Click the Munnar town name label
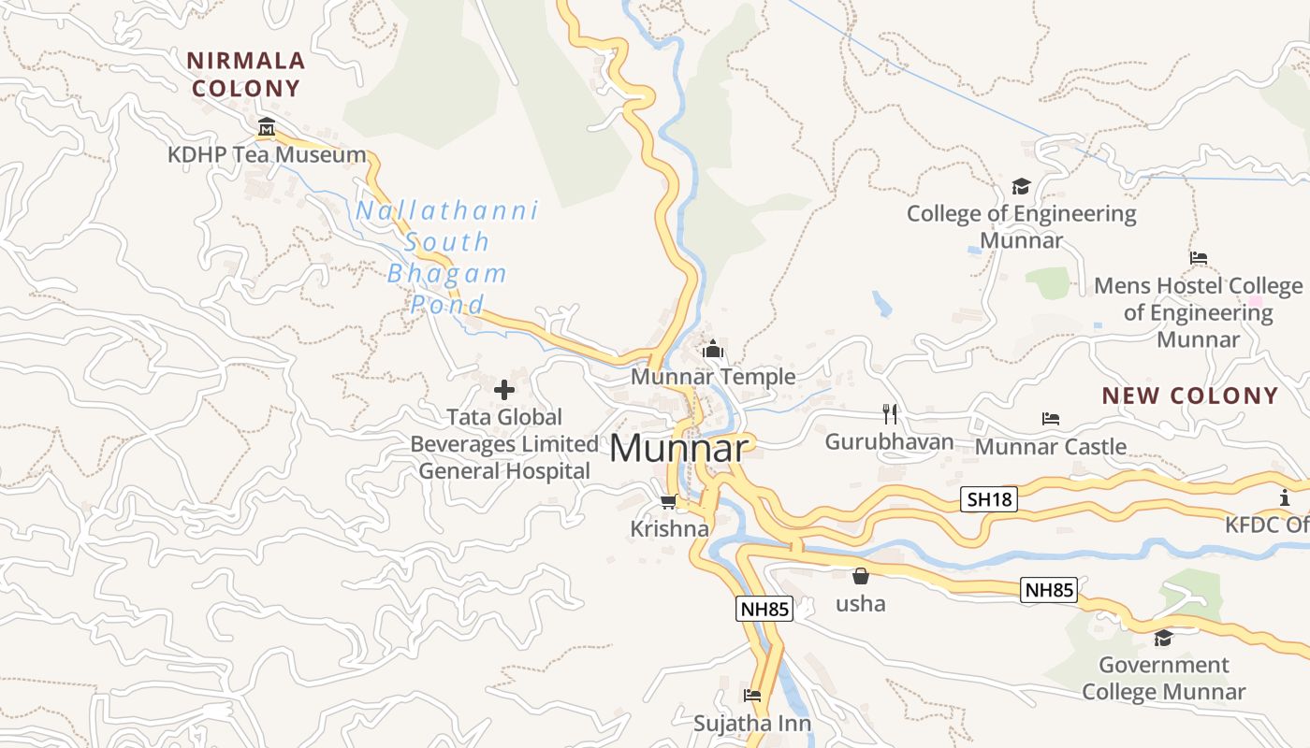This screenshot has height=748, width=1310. pos(679,449)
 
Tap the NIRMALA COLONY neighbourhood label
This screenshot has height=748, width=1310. pos(246,75)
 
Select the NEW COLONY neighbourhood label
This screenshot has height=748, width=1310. pos(1189,396)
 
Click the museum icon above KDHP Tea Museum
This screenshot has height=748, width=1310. pos(267,127)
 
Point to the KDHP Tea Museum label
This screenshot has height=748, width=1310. pos(267,155)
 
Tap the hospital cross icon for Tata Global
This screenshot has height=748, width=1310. pos(504,389)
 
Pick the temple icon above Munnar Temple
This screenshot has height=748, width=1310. pos(713,350)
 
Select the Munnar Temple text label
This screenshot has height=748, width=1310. pos(713,377)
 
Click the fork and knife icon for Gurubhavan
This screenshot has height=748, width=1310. pos(890,413)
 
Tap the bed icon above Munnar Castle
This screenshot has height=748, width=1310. pos(1051,419)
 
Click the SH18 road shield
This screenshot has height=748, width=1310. pos(989,499)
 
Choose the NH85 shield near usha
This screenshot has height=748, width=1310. pos(764,610)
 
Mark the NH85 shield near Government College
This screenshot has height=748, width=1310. pos(1049,590)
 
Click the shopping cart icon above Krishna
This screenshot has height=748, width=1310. pos(669,502)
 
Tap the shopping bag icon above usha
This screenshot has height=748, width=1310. pos(860,576)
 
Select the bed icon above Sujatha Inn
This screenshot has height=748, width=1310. pos(751,696)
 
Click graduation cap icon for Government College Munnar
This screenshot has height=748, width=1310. pos(1163,638)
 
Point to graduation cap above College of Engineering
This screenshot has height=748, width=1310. pos(1021,186)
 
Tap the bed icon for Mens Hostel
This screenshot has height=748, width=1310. pos(1199,258)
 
